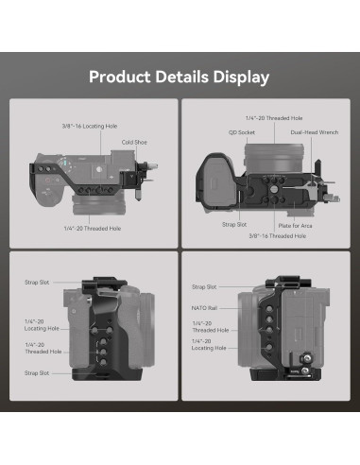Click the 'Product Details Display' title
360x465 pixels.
coord(179,77)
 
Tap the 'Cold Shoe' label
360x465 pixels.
coord(134,143)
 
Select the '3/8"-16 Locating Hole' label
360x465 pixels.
coord(90,127)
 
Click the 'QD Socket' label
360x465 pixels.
coord(242,132)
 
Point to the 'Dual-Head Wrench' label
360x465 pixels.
coord(315,132)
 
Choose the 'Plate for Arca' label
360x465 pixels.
coord(295,226)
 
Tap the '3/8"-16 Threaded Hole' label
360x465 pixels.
coord(278,236)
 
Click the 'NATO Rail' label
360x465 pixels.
coord(204,308)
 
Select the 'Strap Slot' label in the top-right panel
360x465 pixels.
coord(234,225)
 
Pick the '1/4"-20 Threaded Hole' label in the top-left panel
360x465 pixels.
coord(93,229)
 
